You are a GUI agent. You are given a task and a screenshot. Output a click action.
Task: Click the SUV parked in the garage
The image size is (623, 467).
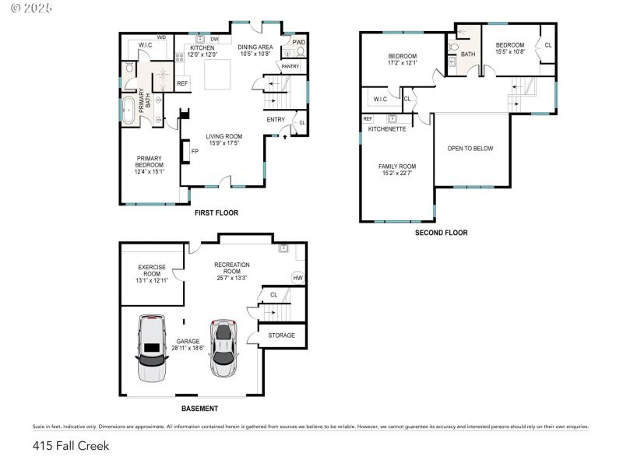point(151,349)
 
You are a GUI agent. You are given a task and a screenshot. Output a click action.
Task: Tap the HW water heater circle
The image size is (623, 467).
point(297,278)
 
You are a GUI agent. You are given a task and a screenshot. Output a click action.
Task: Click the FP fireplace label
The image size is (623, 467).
point(195,151)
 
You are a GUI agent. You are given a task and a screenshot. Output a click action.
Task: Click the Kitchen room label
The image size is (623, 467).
point(202,51)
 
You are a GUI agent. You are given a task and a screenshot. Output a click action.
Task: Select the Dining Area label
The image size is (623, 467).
point(255,51)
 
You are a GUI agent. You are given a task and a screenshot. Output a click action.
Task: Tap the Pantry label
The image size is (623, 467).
point(290,67)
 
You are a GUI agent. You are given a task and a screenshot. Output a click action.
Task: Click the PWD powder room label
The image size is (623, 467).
point(298,42)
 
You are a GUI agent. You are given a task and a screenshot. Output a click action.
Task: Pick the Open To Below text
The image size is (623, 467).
point(470,149)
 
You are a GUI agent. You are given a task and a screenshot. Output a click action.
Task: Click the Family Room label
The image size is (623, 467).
point(397,170)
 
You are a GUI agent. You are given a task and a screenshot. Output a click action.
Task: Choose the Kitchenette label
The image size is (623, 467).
point(387,128)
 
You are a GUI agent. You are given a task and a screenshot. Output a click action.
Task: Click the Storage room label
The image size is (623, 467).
point(281,335)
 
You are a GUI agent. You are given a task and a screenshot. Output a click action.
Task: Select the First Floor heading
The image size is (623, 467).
point(216,212)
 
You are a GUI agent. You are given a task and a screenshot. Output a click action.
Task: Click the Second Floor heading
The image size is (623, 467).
point(441,232)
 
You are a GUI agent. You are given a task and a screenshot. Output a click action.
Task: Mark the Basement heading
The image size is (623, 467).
point(199,409)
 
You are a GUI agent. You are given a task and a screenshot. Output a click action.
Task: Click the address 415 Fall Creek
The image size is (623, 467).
point(71,446)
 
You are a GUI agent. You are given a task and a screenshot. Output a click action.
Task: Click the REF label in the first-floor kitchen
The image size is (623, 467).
point(182,83)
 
